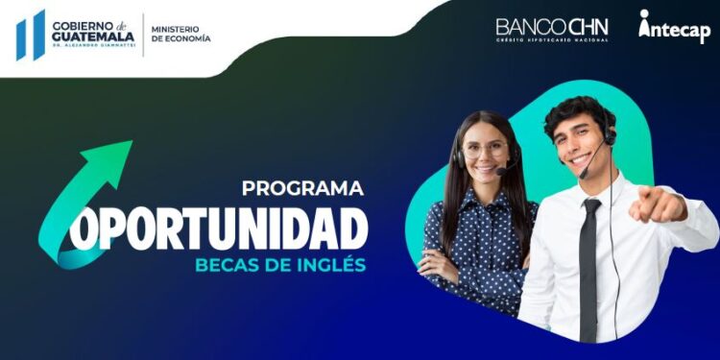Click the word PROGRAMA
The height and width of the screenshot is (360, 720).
point(302,188)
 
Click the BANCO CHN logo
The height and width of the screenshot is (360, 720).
point(552,26)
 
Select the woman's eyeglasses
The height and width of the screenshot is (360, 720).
point(486,150)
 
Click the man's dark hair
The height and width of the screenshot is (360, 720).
point(576,108)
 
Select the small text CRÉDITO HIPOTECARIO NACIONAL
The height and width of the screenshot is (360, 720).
point(552,40)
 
